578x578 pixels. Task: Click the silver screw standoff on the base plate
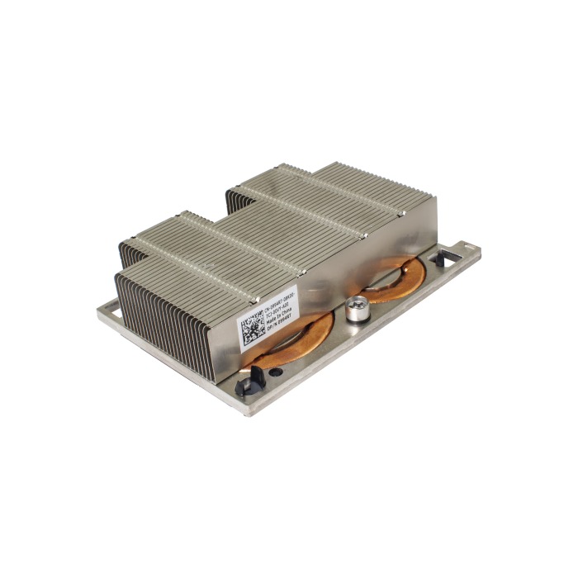click(x=358, y=308)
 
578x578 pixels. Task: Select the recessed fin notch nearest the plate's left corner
click(x=124, y=252)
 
